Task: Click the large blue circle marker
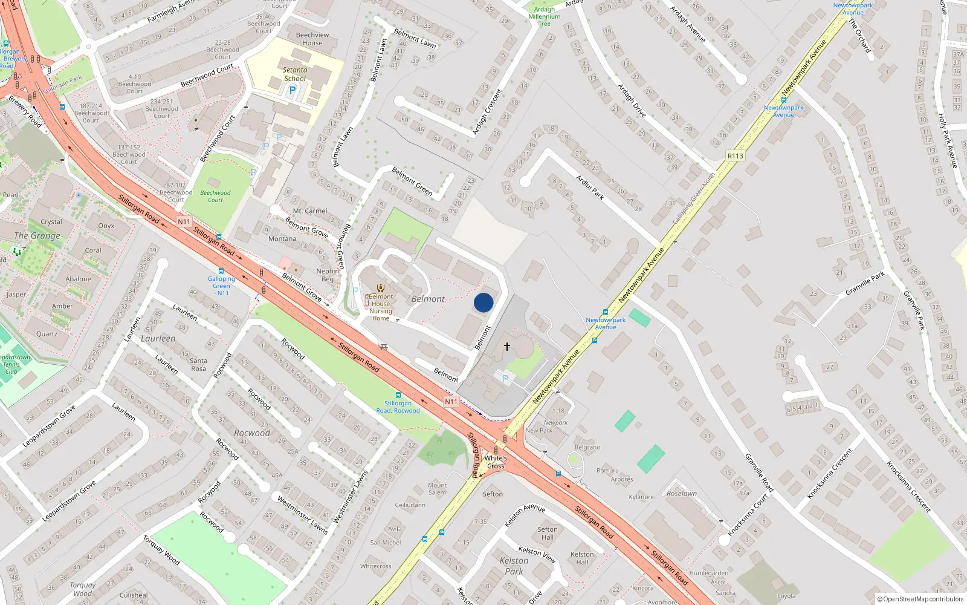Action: [483, 302]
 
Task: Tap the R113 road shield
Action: [735, 156]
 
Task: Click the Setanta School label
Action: [295, 74]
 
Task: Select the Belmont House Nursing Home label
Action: [381, 307]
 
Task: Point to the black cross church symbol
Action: [507, 346]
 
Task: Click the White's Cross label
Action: [496, 462]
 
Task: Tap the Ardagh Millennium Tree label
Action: [544, 16]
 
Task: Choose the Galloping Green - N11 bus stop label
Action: [221, 286]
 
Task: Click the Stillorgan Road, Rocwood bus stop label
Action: [398, 407]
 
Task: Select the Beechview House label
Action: [312, 39]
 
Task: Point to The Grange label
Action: [37, 236]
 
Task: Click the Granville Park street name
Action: [865, 283]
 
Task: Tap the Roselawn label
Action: [682, 494]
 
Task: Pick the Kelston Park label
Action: [514, 566]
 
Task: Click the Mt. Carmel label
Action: [310, 211]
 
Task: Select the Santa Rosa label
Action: [198, 364]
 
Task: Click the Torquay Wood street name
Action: [161, 549]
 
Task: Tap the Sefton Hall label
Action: [548, 533]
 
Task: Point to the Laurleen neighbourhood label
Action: [158, 339]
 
